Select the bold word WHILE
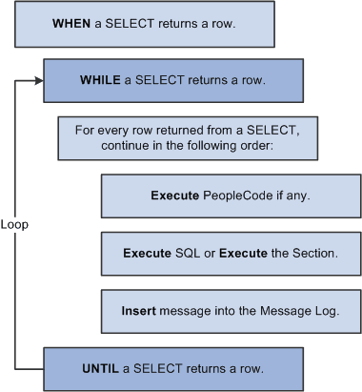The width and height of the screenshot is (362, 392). point(100,79)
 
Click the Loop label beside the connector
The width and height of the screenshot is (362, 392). point(14,226)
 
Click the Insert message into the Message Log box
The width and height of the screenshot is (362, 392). point(227,309)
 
